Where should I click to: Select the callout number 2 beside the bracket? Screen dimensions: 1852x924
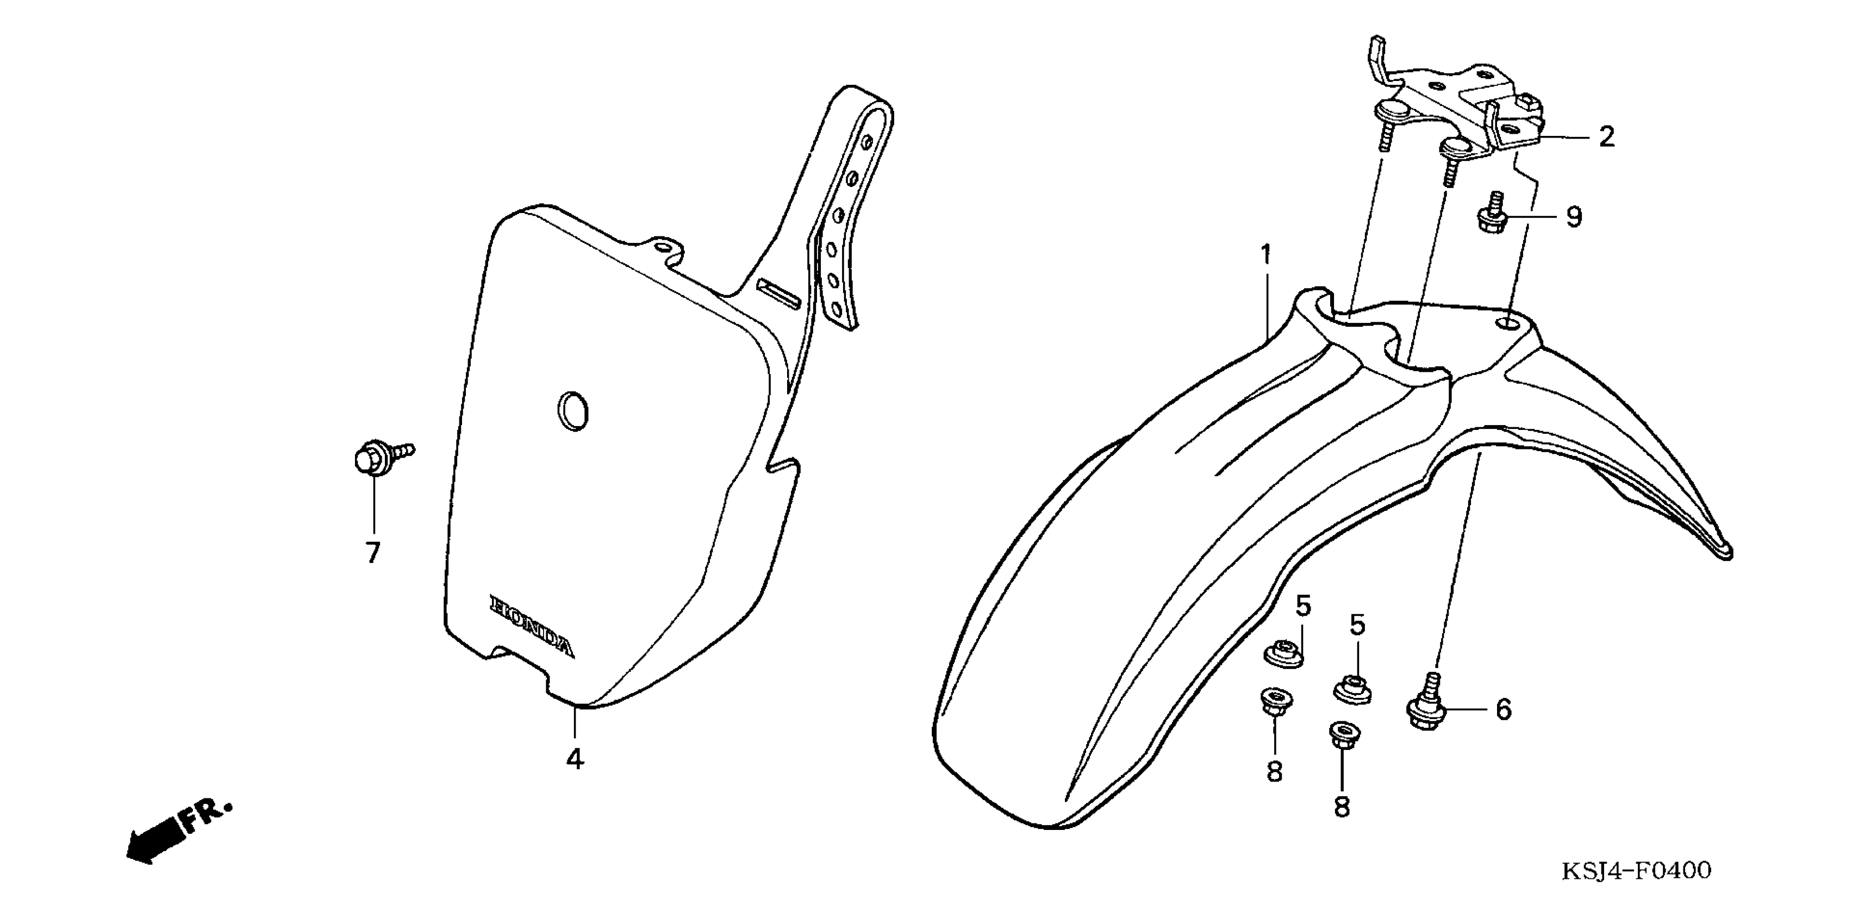[1606, 136]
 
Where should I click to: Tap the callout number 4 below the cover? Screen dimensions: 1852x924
[575, 759]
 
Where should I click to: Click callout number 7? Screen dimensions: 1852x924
[372, 552]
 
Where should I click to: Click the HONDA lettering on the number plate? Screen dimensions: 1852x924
[532, 626]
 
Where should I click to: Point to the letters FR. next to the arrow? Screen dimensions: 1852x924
[207, 816]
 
